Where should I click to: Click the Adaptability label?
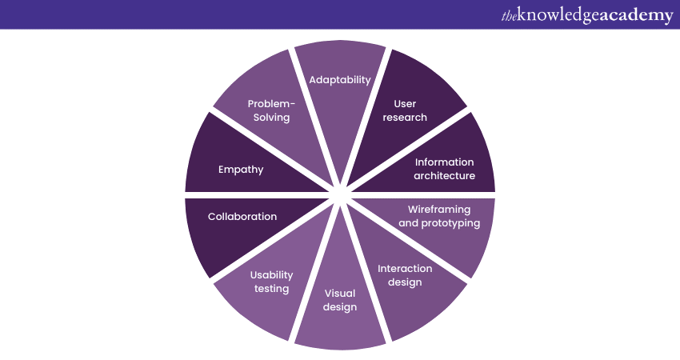pos(340,79)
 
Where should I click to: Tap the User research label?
pos(405,110)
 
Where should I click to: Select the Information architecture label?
pos(445,169)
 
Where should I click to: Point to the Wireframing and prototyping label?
pos(439,216)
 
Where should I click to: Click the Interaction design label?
pos(405,274)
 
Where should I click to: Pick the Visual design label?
pos(340,299)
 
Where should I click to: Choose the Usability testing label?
pos(271,282)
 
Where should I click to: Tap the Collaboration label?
pos(242,216)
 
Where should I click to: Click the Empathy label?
pos(241,169)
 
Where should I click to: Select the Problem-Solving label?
pos(271,110)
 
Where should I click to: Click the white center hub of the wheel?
pos(340,193)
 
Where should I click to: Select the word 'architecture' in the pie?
pos(445,176)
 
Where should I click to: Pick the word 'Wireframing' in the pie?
pos(439,209)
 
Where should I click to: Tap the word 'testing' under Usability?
pos(271,289)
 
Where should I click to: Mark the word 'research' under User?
pos(405,118)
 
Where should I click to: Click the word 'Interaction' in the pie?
pos(405,268)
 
